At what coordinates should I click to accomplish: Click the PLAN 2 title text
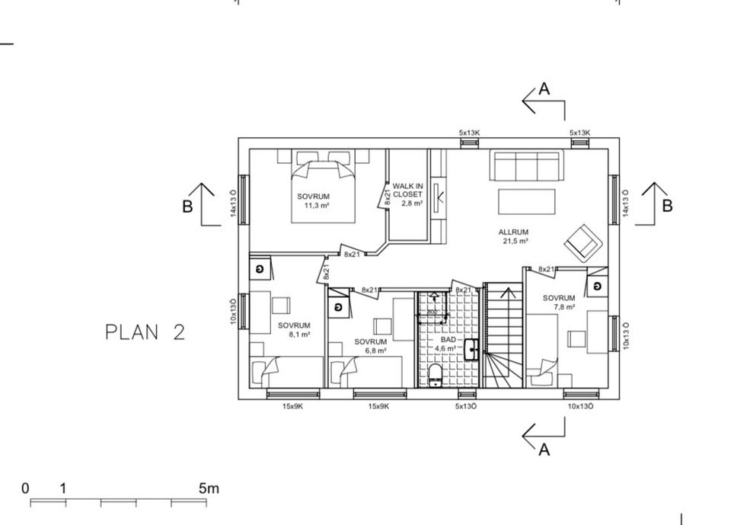(145, 332)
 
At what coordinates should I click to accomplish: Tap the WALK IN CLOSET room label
(407, 194)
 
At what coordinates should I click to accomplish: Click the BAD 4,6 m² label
(448, 344)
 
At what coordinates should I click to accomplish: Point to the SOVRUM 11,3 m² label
(313, 200)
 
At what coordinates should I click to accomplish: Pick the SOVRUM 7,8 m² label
(559, 303)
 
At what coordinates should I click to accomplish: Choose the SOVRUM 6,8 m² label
(370, 346)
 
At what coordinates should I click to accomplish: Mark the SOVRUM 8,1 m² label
(294, 330)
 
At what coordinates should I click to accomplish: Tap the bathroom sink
(472, 348)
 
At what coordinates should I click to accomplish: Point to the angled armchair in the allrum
(583, 242)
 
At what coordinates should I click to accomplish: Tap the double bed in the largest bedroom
(323, 190)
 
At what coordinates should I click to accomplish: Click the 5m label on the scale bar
(209, 488)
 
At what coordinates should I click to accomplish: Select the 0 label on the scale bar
(25, 488)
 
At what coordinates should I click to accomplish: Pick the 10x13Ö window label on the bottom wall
(580, 407)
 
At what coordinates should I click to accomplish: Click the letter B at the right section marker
(668, 206)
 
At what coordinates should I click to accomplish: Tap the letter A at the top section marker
(544, 89)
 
